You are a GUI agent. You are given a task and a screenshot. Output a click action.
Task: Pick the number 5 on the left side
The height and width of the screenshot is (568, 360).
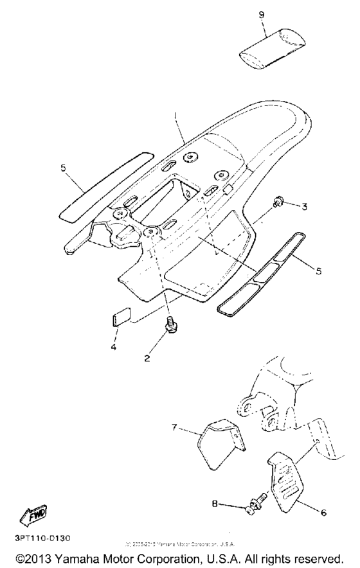click(x=64, y=169)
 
